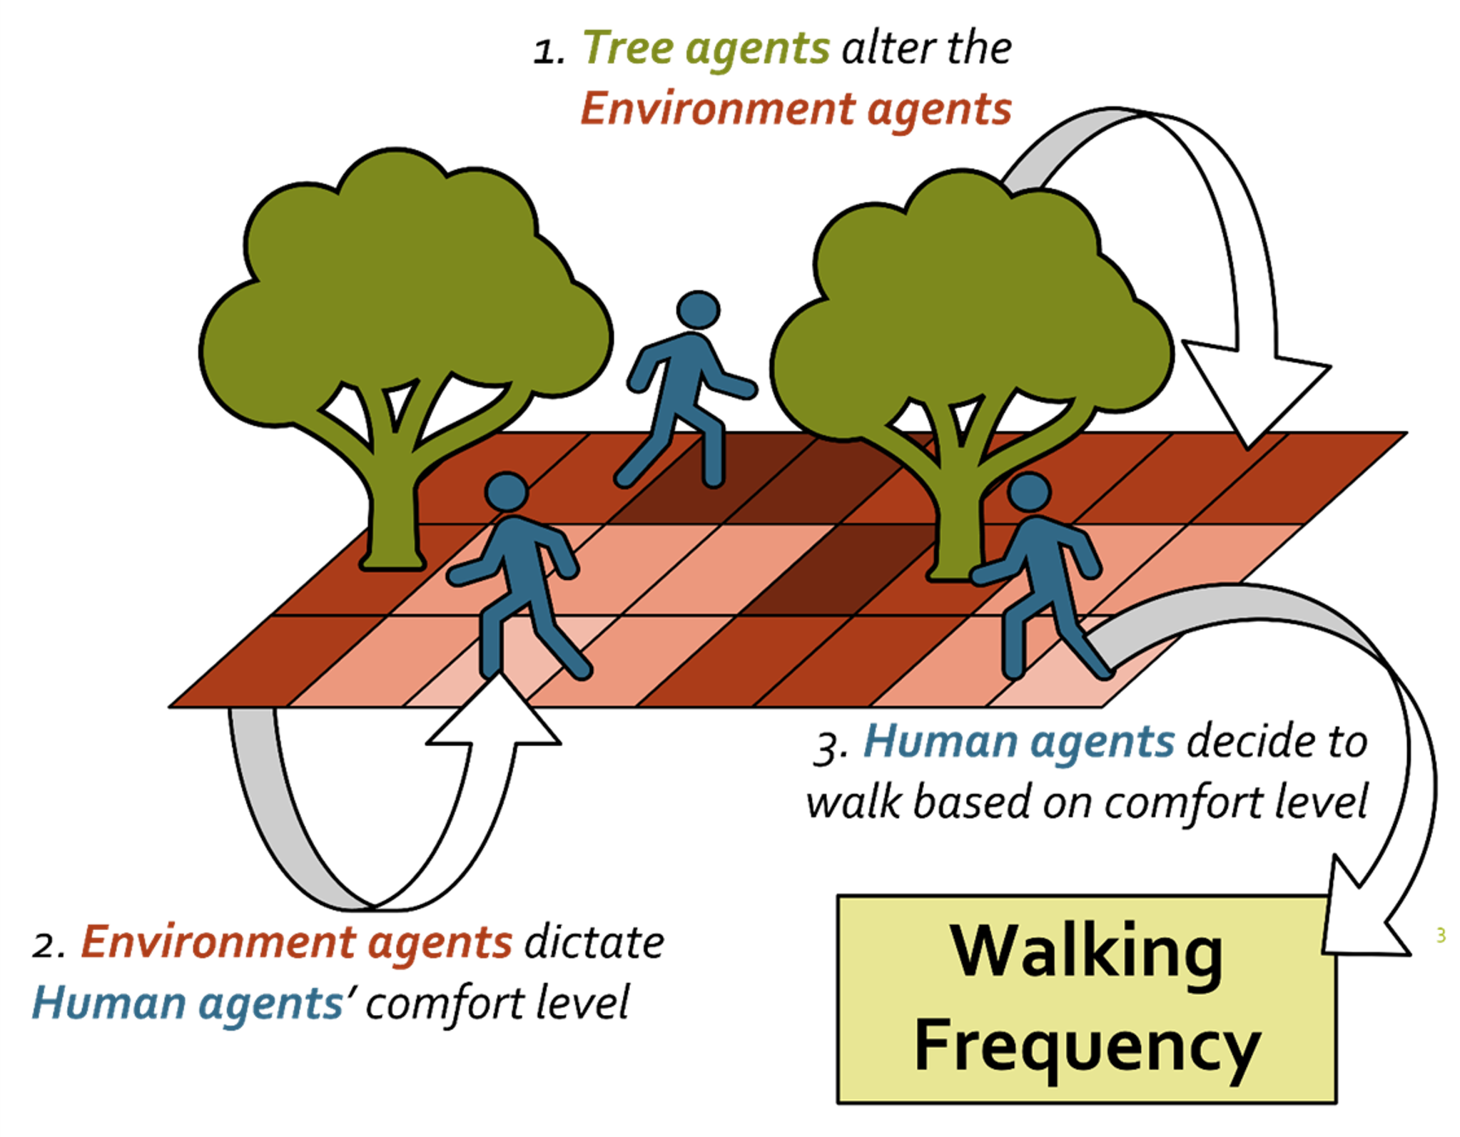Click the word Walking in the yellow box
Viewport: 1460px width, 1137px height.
pyautogui.click(x=1086, y=953)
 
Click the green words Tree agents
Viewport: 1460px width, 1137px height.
pyautogui.click(x=706, y=49)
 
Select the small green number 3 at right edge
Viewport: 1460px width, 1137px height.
pyautogui.click(x=1441, y=935)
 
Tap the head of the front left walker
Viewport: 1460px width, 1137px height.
pyautogui.click(x=506, y=491)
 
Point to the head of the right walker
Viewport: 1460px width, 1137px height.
pyautogui.click(x=1028, y=492)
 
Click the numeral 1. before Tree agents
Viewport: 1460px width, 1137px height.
pyautogui.click(x=549, y=51)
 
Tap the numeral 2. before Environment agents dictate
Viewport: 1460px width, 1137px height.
pyautogui.click(x=49, y=946)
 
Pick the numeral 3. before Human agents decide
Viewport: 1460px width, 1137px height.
pyautogui.click(x=830, y=748)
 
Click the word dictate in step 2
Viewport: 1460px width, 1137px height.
pyautogui.click(x=594, y=943)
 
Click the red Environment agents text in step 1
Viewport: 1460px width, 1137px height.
pyautogui.click(x=796, y=109)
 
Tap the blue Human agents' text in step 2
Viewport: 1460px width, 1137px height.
pyautogui.click(x=189, y=1003)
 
